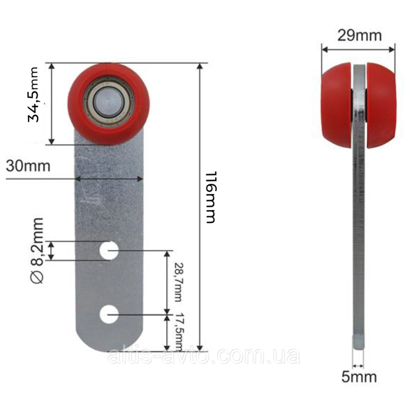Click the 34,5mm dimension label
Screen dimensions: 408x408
(x=33, y=94)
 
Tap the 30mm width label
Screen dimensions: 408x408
(x=28, y=166)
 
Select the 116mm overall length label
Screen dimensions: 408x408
(x=211, y=197)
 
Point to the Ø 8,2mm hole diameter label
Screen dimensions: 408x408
(x=37, y=250)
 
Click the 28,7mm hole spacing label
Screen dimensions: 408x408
(x=178, y=283)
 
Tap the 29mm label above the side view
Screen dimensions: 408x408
(x=360, y=35)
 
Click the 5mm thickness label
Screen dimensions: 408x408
(x=359, y=377)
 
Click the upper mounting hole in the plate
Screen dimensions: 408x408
(x=109, y=250)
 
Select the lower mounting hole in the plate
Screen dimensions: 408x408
(x=109, y=314)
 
